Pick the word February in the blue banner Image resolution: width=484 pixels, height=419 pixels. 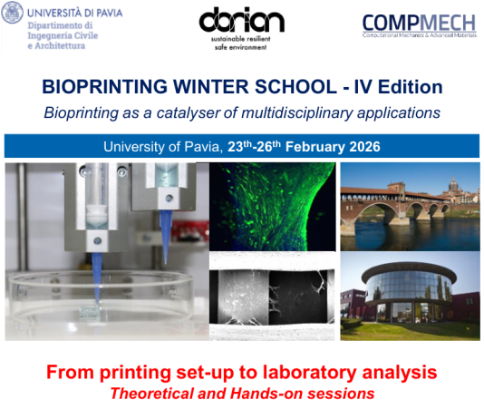pyautogui.click(x=310, y=146)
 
